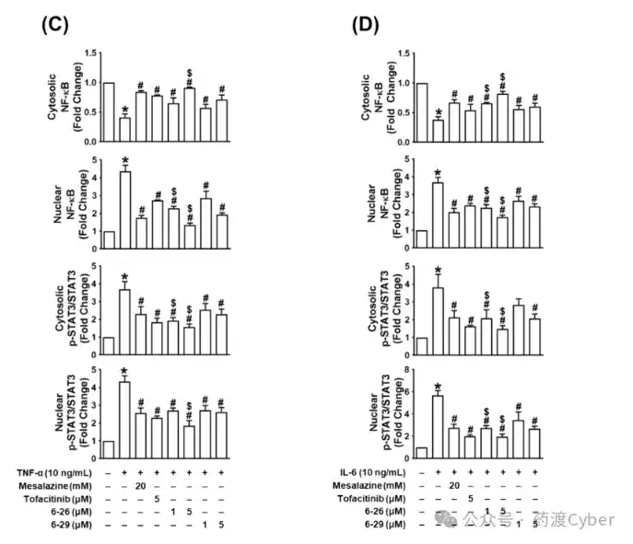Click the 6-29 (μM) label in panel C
pos(71,512)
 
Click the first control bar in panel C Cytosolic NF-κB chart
pos(108,112)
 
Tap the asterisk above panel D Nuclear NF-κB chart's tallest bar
pos(438,171)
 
